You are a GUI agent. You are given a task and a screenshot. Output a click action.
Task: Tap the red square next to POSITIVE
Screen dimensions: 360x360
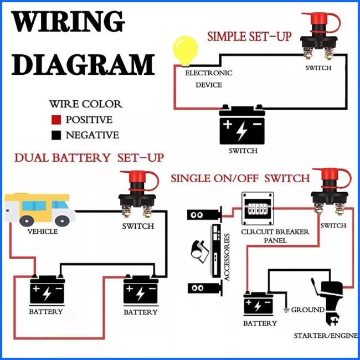[56, 120]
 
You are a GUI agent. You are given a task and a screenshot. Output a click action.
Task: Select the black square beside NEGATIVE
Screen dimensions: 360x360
[56, 135]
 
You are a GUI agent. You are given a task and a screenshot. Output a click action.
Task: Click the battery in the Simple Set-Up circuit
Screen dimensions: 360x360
[242, 125]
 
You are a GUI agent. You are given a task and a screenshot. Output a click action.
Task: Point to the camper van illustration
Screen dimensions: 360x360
[39, 209]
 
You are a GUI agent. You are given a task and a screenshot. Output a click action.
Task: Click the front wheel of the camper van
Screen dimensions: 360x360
[63, 220]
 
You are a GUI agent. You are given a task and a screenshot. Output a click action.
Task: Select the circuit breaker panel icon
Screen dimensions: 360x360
[258, 208]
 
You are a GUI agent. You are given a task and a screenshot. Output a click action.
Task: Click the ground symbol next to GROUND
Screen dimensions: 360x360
[286, 310]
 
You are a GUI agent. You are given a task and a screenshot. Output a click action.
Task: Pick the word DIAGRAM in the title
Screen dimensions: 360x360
[83, 64]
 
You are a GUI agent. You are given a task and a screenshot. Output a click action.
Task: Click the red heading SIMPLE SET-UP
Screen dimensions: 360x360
[249, 37]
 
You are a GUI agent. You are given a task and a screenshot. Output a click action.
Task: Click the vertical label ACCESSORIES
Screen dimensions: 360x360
[227, 257]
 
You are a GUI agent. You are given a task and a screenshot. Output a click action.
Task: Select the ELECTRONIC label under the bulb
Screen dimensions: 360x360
[209, 73]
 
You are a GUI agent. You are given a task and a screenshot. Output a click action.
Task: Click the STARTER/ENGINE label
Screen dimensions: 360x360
[326, 336]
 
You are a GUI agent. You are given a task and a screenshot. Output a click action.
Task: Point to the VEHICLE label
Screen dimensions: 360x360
[43, 232]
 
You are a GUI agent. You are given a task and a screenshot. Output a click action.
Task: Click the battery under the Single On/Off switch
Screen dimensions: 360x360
[258, 304]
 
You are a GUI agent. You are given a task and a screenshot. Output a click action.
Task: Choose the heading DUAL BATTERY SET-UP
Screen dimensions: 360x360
[89, 158]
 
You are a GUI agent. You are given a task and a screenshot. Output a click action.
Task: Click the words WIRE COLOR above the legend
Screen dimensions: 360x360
[86, 104]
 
